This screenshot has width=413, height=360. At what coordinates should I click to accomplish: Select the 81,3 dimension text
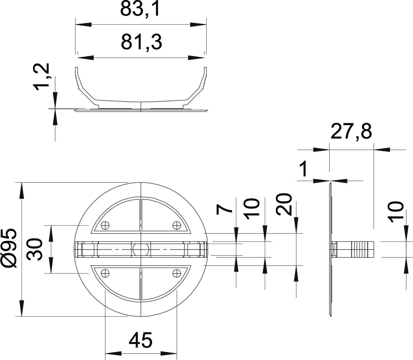click(141, 42)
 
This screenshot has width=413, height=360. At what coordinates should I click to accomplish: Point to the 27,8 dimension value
click(351, 132)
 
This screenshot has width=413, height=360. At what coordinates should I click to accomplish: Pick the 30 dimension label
click(35, 249)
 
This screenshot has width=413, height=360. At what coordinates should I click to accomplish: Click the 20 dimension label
click(284, 204)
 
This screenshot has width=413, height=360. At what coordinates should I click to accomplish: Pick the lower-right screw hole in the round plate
click(176, 273)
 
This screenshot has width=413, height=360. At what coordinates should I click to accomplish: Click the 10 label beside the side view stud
click(396, 212)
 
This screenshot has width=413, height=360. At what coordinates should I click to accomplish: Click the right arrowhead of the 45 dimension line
click(169, 354)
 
